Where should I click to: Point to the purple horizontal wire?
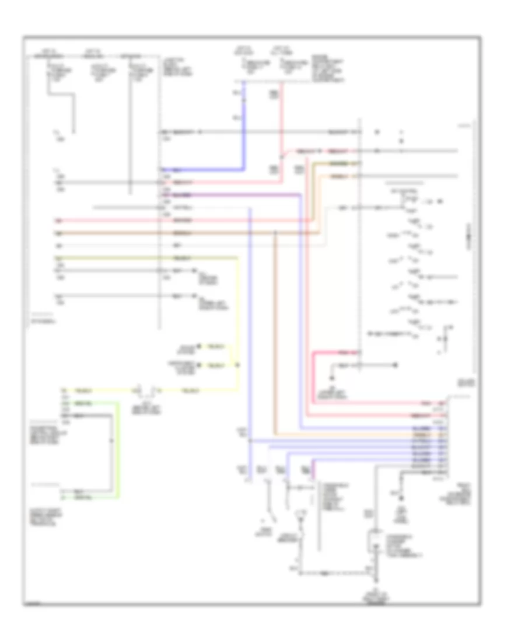(233, 194)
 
